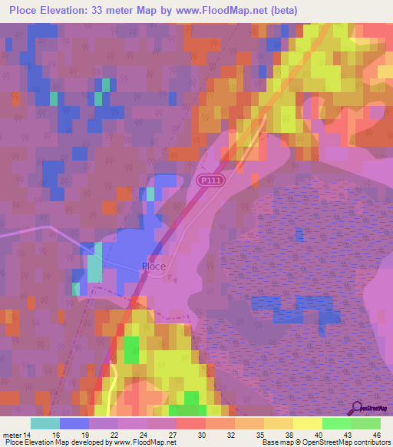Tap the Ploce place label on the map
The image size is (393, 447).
pos(154,267)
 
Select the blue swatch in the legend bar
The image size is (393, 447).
pos(74,423)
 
